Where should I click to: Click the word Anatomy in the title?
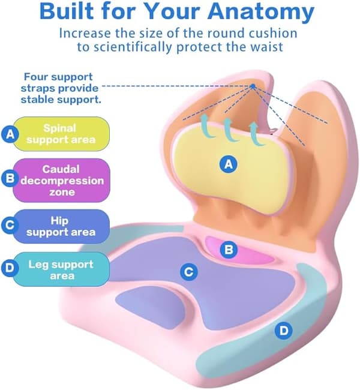click(x=261, y=11)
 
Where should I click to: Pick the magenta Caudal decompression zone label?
click(x=61, y=181)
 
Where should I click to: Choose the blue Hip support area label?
click(x=61, y=226)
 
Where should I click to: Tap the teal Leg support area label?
click(x=61, y=269)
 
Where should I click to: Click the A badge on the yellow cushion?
click(x=228, y=164)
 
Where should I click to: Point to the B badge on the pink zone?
click(x=229, y=250)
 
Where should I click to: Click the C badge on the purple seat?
click(x=189, y=272)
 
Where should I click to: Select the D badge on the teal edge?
click(x=284, y=331)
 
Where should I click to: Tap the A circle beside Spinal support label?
click(x=10, y=134)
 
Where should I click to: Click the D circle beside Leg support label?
click(x=10, y=268)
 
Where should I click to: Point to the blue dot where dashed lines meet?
click(x=253, y=86)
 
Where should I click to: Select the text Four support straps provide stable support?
click(x=61, y=88)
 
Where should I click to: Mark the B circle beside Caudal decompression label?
click(x=10, y=178)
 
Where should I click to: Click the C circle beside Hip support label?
click(x=10, y=225)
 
